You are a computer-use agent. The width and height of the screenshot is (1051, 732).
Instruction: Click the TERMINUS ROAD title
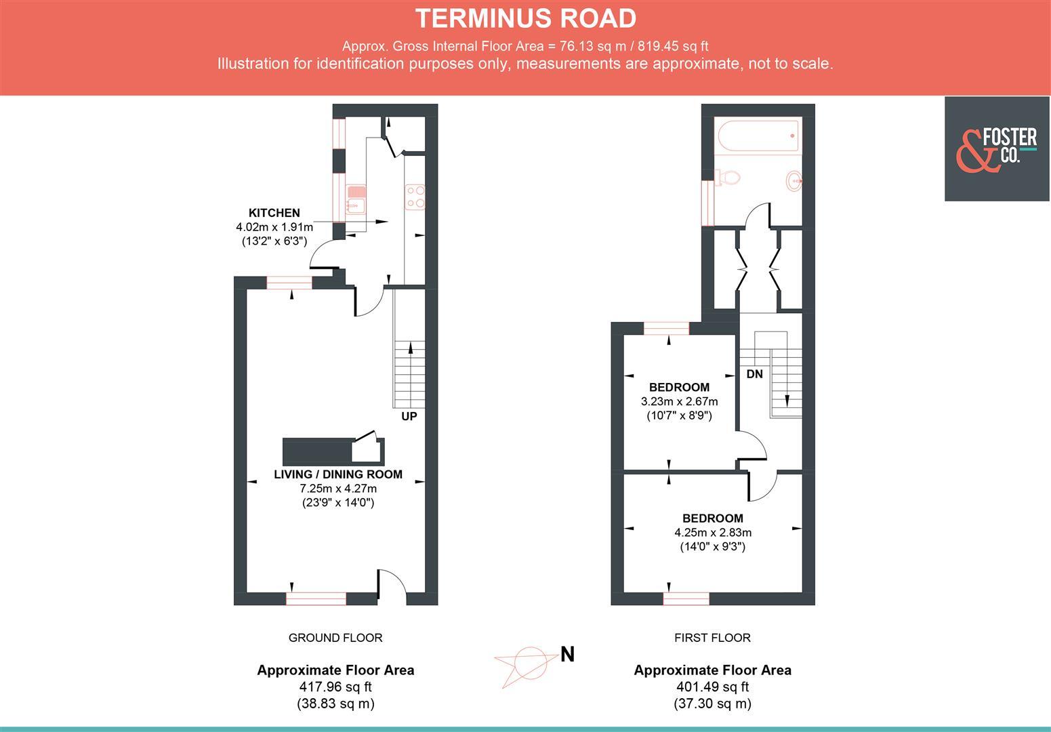tap(525, 18)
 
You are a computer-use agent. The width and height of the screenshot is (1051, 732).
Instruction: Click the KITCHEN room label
tap(274, 213)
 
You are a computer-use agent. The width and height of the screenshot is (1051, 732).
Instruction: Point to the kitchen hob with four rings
tap(415, 197)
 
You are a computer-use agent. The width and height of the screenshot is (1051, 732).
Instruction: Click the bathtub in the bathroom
tap(758, 136)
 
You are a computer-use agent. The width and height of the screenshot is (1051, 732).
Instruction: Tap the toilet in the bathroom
tap(728, 178)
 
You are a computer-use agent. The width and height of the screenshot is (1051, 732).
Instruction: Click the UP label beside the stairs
tap(409, 416)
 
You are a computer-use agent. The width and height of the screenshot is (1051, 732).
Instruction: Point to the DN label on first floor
tap(754, 374)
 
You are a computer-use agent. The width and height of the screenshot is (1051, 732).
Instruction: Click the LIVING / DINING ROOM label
tap(338, 474)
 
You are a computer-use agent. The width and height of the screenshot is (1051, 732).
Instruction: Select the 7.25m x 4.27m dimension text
tap(338, 489)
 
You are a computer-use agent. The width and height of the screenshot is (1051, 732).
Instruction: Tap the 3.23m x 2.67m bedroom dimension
tap(679, 401)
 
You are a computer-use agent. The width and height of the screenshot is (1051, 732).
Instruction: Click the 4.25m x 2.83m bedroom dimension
tap(712, 532)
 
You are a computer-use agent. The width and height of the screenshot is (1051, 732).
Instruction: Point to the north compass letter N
tap(567, 655)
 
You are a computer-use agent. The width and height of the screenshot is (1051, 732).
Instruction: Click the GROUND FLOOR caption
tap(335, 638)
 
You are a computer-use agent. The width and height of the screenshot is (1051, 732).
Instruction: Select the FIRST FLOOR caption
tap(712, 638)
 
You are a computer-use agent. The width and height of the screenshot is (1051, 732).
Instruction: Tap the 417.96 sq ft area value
tap(335, 687)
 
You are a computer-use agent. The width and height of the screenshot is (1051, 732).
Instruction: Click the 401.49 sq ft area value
tap(712, 687)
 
